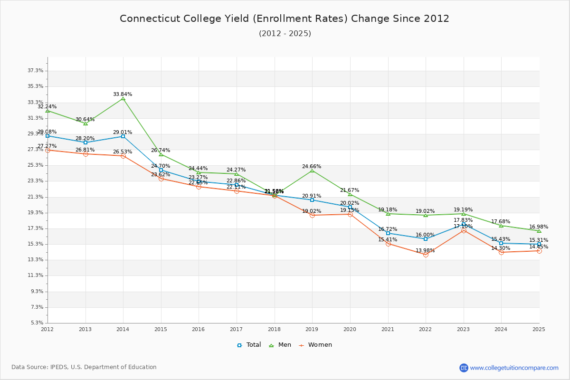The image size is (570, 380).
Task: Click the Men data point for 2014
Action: click(123, 98)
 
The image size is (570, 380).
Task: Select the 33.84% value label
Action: click(123, 94)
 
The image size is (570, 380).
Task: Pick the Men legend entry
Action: click(281, 345)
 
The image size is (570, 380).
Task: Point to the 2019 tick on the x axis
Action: click(312, 329)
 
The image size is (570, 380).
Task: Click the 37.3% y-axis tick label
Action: click(36, 71)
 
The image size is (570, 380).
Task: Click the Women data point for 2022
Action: click(426, 255)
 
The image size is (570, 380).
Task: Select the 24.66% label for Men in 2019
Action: click(312, 166)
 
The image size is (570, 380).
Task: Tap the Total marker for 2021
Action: click(388, 233)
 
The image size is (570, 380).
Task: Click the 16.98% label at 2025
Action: click(539, 227)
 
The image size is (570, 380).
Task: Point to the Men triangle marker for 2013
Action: click(85, 123)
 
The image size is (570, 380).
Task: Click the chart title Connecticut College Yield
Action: click(285, 19)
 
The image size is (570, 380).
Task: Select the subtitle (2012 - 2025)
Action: click(285, 33)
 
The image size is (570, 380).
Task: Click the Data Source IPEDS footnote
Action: click(84, 367)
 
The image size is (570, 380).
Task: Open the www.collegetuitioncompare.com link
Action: click(514, 368)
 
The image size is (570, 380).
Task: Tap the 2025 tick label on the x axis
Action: click(539, 329)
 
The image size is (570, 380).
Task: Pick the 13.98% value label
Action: click(425, 250)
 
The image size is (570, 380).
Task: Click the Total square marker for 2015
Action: click(161, 170)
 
